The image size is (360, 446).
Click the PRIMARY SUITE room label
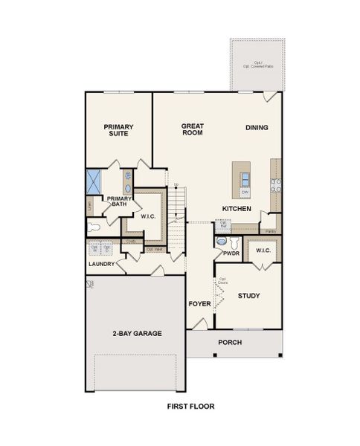[x=118, y=131]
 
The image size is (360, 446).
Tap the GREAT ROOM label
[x=193, y=130]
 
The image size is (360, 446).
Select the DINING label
[x=257, y=128]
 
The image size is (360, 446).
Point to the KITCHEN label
[x=236, y=209]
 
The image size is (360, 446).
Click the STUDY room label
[x=248, y=296]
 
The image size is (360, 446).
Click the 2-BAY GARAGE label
[x=138, y=333]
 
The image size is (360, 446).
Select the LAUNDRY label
[x=100, y=264]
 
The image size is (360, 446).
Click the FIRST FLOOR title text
[x=190, y=407]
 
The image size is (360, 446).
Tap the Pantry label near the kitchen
[x=272, y=231]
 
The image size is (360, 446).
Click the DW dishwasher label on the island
[x=244, y=193]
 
